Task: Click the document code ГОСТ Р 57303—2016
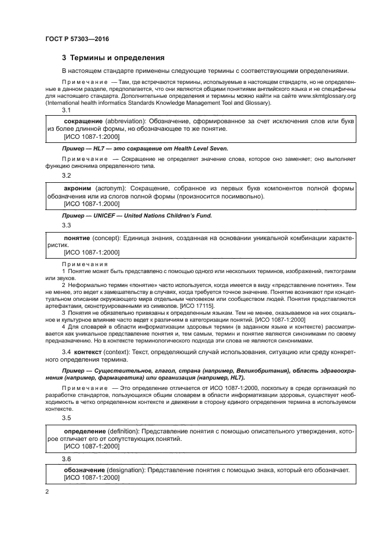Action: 76,39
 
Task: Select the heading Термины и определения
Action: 118,58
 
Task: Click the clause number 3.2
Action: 67,175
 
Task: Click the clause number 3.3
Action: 67,225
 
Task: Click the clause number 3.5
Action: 67,417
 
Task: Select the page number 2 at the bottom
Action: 46,491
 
